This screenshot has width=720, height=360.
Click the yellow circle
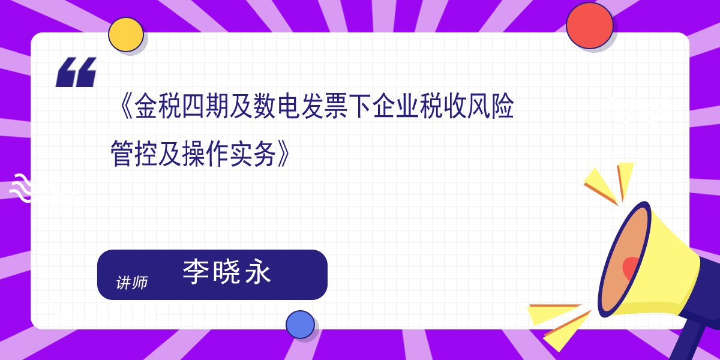point(125,35)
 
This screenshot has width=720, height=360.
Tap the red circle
point(589,26)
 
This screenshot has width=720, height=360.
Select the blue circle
point(300,325)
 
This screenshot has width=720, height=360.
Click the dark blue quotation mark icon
point(76,72)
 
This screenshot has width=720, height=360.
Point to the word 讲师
point(132,283)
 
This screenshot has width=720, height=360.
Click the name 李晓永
point(227,272)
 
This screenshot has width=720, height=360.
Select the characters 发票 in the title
point(324,106)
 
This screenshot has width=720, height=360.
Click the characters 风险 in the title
point(491,106)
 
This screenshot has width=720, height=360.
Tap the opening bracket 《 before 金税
point(126,106)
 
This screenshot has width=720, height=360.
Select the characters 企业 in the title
point(395,106)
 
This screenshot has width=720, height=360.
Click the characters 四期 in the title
point(205,106)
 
